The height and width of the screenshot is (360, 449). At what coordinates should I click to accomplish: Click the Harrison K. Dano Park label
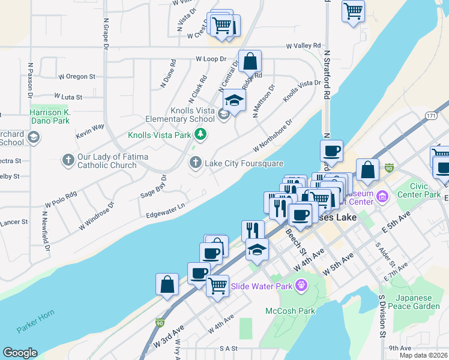click(50, 117)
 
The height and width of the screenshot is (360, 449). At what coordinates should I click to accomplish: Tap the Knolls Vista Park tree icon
click(202, 134)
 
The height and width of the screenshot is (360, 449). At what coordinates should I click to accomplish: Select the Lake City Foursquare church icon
click(196, 162)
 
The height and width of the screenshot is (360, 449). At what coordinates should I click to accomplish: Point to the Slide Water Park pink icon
click(301, 286)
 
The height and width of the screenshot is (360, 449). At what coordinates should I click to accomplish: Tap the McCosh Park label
click(291, 311)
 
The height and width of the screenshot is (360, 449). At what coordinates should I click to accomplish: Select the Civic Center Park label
click(426, 190)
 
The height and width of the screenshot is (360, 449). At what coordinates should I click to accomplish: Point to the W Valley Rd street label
click(303, 46)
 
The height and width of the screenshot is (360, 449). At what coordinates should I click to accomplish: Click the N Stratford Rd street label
click(327, 75)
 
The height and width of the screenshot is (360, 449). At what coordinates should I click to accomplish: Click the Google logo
click(20, 353)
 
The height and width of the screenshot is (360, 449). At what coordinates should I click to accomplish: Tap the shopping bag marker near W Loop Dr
click(250, 61)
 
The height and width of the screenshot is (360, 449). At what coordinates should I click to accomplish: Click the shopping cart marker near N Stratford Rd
click(353, 10)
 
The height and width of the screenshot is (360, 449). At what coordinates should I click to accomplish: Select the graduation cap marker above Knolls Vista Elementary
click(234, 100)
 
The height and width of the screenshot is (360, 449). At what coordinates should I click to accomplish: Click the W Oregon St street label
click(76, 77)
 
